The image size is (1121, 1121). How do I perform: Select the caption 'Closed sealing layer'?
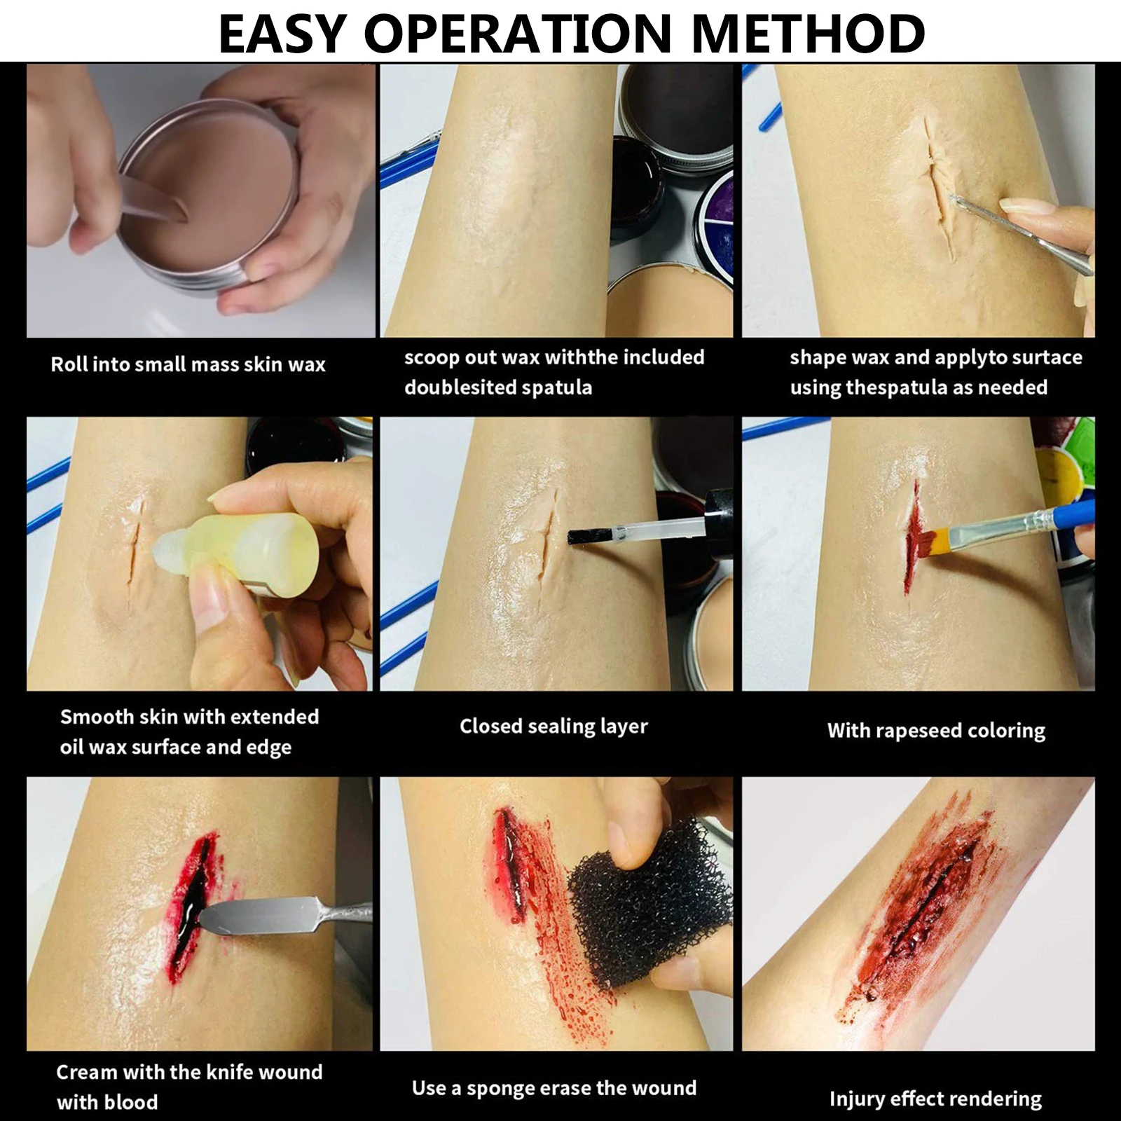[553, 727]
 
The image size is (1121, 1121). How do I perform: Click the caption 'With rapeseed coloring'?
[936, 731]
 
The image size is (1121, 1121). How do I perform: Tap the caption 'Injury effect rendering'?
[935, 1099]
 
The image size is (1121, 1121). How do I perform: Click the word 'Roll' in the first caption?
[69, 364]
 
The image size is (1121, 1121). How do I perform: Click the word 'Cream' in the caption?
[86, 1072]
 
